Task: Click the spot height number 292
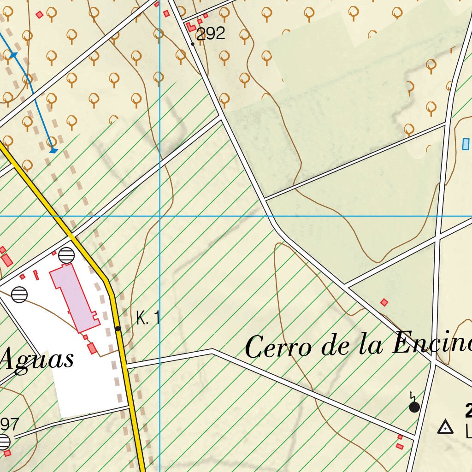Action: [x=211, y=34]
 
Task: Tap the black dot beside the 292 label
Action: [x=193, y=44]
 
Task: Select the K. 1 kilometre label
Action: [x=148, y=318]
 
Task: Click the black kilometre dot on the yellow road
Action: [x=118, y=329]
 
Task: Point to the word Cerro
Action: [x=278, y=347]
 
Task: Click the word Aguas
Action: [x=38, y=359]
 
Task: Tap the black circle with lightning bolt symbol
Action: [x=414, y=407]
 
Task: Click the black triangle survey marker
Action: [x=445, y=428]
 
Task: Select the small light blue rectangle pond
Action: [x=466, y=144]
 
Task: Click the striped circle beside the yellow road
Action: [x=67, y=255]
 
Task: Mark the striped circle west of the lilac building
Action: [x=19, y=294]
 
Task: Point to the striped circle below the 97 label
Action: [x=4, y=442]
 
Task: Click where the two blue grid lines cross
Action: [x=160, y=216]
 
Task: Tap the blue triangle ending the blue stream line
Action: [x=53, y=150]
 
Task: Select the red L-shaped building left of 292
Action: [x=191, y=27]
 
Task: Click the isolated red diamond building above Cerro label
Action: [x=384, y=302]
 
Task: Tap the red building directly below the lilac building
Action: [x=92, y=348]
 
